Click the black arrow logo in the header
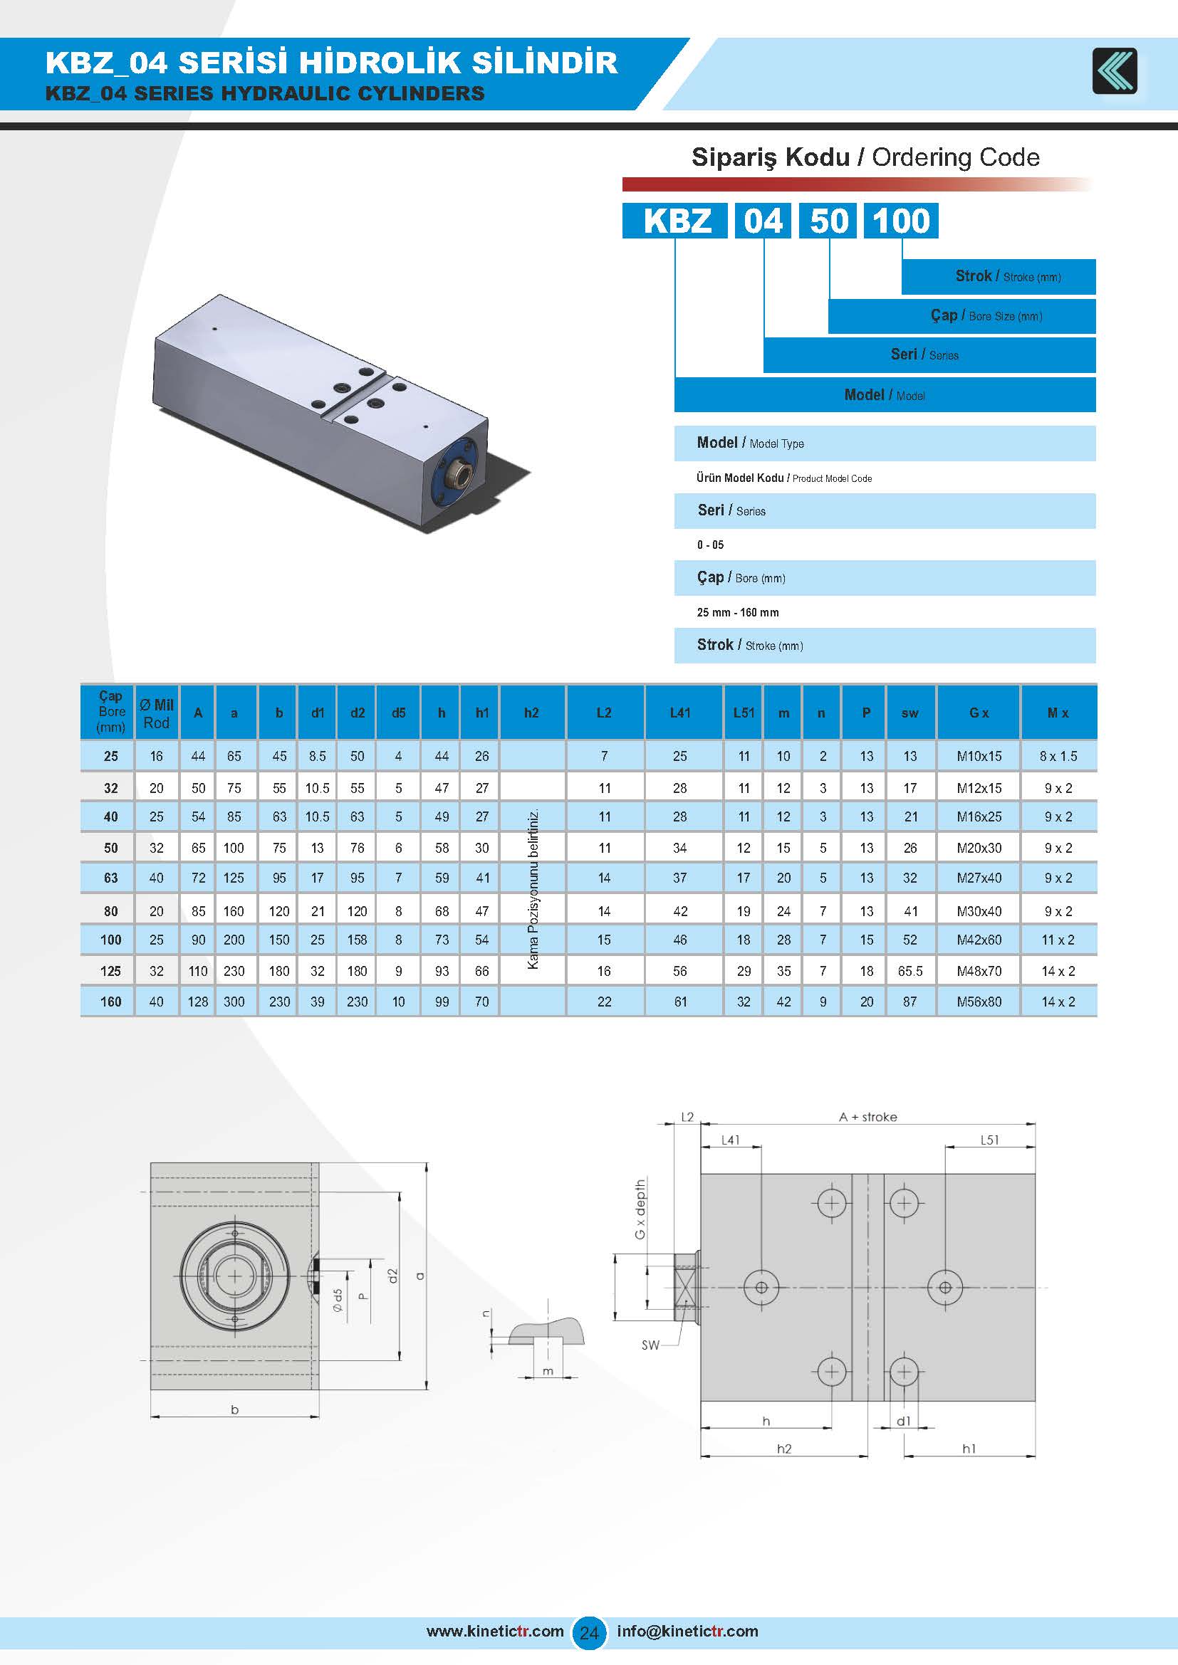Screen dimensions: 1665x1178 (1115, 70)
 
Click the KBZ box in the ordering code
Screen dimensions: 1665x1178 (675, 221)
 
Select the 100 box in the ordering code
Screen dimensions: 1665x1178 (901, 221)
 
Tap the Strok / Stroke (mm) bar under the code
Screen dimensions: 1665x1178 (998, 276)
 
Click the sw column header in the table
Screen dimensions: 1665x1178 (909, 713)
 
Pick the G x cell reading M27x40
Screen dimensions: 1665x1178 (979, 878)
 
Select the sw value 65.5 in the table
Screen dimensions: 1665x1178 (909, 971)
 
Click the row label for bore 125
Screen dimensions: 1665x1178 (110, 971)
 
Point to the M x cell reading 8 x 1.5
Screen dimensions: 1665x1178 (1058, 757)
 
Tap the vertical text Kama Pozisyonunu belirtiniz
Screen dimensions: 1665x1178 (533, 889)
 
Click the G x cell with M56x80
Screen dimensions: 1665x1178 (979, 1002)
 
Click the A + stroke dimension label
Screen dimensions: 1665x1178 (867, 1117)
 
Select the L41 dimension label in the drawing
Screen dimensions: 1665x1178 (731, 1140)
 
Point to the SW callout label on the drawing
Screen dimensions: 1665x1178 (650, 1345)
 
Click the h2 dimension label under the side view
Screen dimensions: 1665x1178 (784, 1449)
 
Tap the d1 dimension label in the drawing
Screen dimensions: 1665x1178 (903, 1422)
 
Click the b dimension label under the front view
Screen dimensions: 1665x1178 (234, 1409)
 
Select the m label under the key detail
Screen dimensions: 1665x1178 (548, 1371)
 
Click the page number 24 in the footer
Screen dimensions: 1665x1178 (589, 1633)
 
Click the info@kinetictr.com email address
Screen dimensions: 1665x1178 (687, 1632)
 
